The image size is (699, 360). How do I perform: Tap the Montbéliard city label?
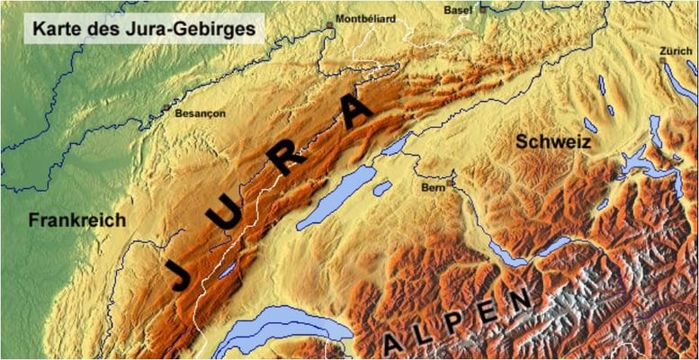coord(364,18)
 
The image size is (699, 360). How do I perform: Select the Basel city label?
coord(458,10)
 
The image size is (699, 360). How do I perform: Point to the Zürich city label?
coord(675,50)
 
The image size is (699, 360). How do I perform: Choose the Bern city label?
coord(434,188)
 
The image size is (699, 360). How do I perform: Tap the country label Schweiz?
coord(551,141)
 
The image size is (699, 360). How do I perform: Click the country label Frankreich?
coord(76,220)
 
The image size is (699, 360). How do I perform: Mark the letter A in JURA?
coord(356,112)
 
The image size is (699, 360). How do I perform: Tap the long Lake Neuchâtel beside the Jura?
coord(333,198)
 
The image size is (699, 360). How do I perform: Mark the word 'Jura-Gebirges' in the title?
coord(200,29)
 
